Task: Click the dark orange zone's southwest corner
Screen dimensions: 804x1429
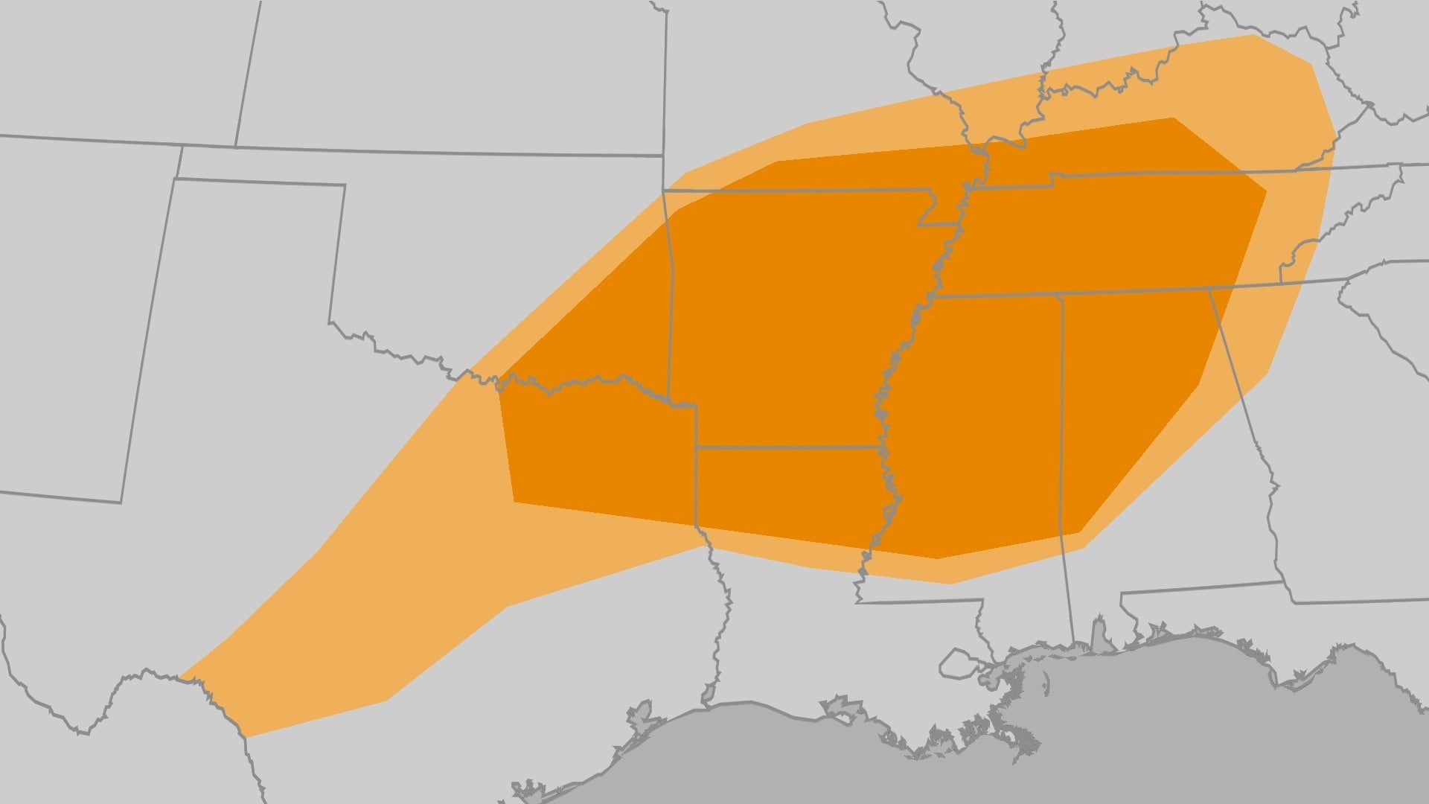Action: pos(514,502)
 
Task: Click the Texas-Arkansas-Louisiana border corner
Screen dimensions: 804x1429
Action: pos(697,447)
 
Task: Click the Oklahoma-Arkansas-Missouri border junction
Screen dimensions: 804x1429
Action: pos(664,192)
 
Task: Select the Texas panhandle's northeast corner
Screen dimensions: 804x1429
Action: pos(345,185)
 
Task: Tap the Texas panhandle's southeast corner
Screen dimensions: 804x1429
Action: pos(330,322)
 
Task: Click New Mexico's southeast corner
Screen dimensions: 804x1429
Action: pos(121,502)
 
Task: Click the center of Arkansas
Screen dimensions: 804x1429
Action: pos(789,320)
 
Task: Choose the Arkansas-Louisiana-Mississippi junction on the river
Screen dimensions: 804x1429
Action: pos(880,447)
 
